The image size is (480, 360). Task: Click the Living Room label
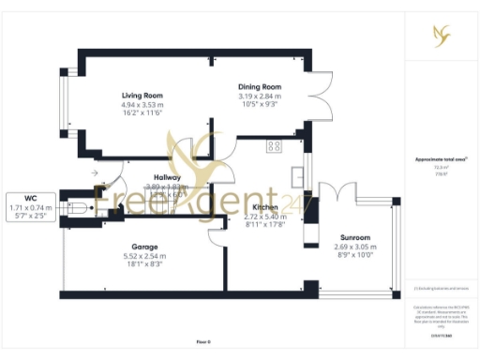pos(142,96)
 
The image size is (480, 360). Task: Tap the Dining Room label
pos(260,86)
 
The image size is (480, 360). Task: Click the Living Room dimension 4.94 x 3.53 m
pos(142,105)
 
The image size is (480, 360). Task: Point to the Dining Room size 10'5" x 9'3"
pos(260,104)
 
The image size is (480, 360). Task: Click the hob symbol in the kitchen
pos(275,145)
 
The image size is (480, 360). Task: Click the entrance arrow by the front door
pos(95,173)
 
